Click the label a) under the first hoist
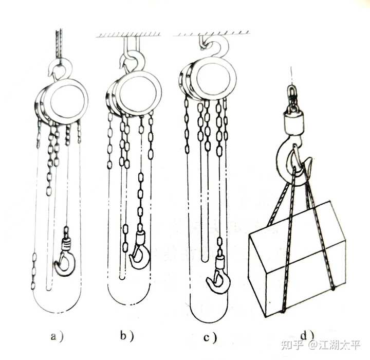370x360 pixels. [x=57, y=336]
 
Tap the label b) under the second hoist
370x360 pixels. [x=127, y=336]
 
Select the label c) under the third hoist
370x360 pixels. [x=210, y=337]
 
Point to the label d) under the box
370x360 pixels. [x=307, y=335]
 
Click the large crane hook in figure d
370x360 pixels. [x=281, y=163]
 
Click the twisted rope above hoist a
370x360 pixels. [x=59, y=45]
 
